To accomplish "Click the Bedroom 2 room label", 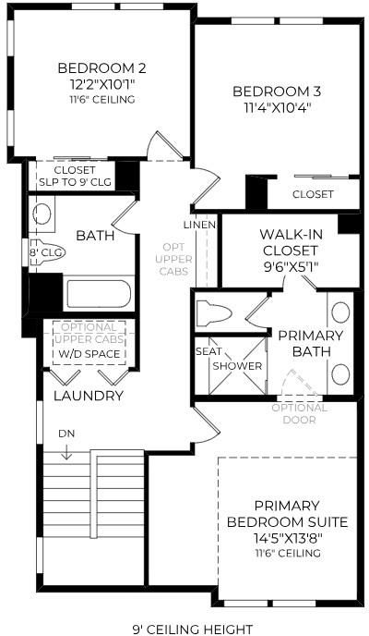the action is coord(101,68).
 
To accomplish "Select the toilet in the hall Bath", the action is coord(47,254).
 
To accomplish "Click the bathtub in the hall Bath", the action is coord(99,294).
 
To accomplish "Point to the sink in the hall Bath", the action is coord(42,214).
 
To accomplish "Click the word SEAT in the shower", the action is coord(208,351).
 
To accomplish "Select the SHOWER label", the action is coord(237,366).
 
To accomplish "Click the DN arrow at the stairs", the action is coord(65,452).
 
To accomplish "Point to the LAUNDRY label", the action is coord(89,396).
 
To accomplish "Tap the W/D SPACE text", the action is coord(89,354).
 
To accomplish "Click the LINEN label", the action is coord(198,225).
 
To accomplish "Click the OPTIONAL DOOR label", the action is coord(300,414).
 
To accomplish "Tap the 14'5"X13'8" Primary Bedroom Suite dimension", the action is coord(287,538).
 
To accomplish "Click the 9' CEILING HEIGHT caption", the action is coord(193,630).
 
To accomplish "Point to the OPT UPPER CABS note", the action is coord(173,259).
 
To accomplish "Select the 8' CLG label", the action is coord(42,252).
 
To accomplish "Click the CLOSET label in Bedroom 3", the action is coord(313,194).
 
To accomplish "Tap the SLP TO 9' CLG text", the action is coord(75,182).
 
